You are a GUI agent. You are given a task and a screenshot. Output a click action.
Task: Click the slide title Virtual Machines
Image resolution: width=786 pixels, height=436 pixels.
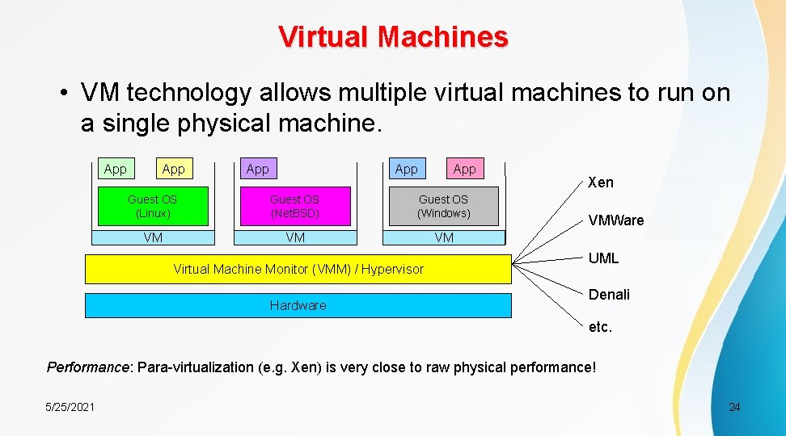[393, 37]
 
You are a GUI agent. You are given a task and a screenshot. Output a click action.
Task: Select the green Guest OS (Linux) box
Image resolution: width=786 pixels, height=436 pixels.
[152, 207]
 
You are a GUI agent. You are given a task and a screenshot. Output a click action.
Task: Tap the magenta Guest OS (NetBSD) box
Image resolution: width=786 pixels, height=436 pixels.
[294, 207]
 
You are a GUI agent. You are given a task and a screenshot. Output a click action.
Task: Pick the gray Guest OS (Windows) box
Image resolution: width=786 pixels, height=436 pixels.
[443, 207]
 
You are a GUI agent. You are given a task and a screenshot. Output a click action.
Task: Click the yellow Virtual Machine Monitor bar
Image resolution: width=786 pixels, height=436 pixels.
[298, 269]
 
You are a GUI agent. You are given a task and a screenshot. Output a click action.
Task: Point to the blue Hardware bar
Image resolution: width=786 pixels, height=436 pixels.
[298, 305]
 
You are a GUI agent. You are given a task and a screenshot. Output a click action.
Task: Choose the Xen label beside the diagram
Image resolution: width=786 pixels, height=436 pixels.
[601, 182]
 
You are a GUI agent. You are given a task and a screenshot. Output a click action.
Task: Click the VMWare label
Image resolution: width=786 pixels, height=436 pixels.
[616, 220]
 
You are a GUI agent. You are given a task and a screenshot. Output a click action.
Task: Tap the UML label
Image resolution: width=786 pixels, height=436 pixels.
[603, 258]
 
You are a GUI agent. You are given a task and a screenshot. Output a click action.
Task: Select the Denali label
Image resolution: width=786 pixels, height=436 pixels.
[609, 295]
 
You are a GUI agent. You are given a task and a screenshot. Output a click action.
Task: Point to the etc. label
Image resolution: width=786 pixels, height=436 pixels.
[600, 327]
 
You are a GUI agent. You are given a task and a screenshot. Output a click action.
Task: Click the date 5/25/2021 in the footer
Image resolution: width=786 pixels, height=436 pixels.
[70, 407]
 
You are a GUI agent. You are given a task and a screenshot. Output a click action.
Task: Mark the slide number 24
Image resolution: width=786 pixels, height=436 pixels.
[734, 407]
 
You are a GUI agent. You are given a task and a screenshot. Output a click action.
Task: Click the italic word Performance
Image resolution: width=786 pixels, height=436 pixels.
[88, 367]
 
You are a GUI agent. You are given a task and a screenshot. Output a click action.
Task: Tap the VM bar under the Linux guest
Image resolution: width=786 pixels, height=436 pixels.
[152, 237]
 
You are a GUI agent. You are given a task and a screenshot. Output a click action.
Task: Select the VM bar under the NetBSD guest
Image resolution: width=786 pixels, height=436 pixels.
[294, 237]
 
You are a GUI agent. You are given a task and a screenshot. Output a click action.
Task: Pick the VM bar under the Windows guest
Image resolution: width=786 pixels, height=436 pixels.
[443, 237]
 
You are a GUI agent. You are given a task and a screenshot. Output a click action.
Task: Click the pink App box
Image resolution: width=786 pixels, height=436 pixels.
[464, 169]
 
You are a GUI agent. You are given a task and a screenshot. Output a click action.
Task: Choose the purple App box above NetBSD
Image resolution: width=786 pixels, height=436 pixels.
[257, 169]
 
